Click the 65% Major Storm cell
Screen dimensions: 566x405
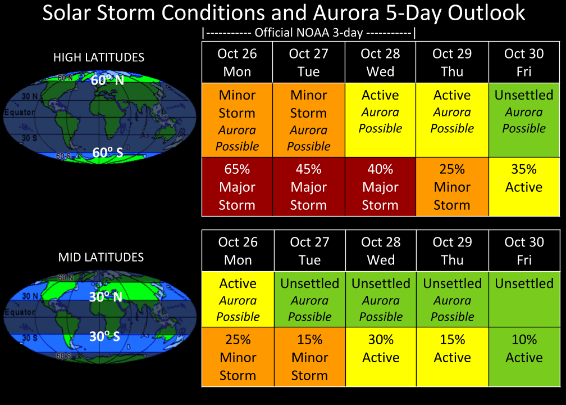tap(237, 187)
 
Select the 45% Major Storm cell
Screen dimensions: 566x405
tap(309, 187)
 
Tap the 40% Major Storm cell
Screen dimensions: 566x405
tap(381, 187)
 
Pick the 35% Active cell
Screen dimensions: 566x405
tap(524, 187)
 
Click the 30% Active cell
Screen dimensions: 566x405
tap(381, 357)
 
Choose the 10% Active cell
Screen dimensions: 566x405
tap(524, 357)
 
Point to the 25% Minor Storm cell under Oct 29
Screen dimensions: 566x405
tap(453, 187)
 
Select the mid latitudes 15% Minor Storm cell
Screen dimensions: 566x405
tap(310, 357)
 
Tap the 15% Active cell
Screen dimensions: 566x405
tap(453, 357)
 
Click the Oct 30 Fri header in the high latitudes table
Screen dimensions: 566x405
tap(524, 62)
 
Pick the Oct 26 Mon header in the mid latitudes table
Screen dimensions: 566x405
tap(238, 251)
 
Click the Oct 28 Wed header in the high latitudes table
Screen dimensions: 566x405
tap(381, 62)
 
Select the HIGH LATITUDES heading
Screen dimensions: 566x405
tap(99, 57)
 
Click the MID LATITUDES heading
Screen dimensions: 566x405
tap(101, 257)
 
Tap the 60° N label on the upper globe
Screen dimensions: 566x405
tap(107, 80)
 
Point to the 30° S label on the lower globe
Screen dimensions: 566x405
tap(104, 336)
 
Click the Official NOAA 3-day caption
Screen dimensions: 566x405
tap(309, 33)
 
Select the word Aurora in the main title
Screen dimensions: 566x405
tap(346, 12)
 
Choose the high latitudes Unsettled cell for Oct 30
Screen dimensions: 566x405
tap(524, 120)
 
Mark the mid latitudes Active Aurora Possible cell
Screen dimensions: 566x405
tap(238, 299)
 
